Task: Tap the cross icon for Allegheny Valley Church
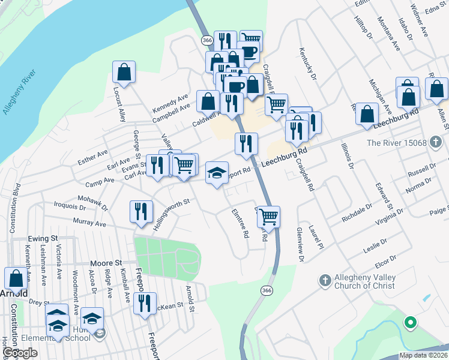coord(325,280)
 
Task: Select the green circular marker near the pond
coord(411,323)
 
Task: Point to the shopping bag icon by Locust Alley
coord(124,72)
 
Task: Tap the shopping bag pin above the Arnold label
coord(16,278)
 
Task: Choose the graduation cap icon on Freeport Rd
coord(217,173)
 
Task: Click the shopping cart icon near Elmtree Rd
coord(269,216)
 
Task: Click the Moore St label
coord(106,263)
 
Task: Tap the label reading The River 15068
coord(396,143)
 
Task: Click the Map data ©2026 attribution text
coord(423,355)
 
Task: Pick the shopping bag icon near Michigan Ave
coord(367,113)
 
